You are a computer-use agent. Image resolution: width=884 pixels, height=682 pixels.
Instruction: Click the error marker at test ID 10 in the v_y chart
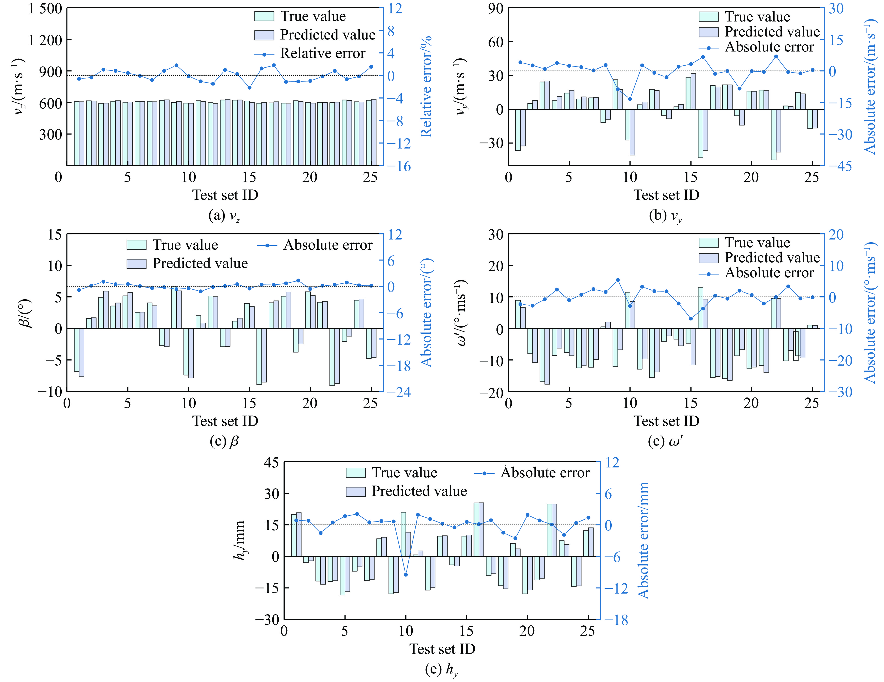(630, 99)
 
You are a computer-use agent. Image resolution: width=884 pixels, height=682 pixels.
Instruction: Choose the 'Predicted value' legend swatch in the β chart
(137, 264)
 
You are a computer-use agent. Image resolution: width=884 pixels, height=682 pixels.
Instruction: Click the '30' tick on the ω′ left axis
(495, 234)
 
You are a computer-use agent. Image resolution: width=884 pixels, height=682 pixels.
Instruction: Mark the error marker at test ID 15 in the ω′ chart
(690, 318)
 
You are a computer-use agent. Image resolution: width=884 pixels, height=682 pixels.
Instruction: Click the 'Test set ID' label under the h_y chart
(442, 649)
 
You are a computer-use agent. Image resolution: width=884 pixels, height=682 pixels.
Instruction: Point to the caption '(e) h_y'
(441, 670)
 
